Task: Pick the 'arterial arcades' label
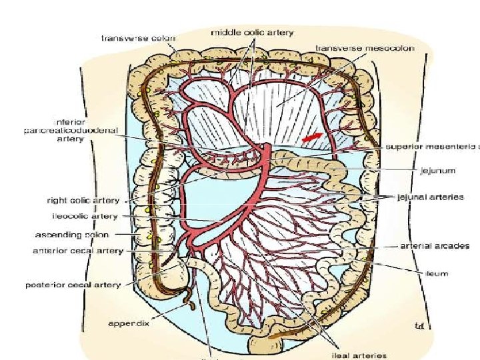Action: click(435, 245)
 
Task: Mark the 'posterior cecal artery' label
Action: click(73, 285)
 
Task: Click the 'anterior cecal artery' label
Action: click(78, 251)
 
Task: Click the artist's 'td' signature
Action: click(419, 326)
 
